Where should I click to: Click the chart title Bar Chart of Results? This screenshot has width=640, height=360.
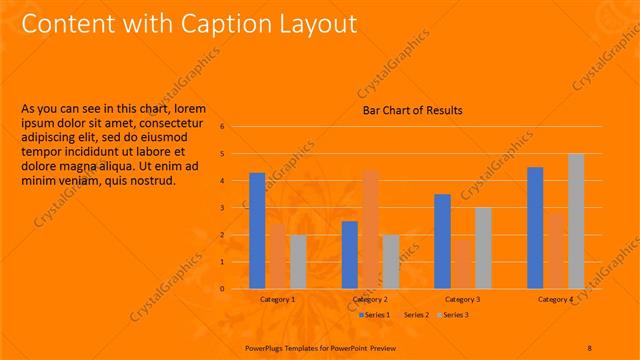coord(412,110)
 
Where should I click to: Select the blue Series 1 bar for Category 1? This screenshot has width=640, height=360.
coord(257,230)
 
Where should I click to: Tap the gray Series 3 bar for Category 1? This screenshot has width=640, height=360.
coord(298,261)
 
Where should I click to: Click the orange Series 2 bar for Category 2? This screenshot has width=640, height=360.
coord(370,229)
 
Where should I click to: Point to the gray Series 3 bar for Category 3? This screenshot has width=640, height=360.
coord(483,247)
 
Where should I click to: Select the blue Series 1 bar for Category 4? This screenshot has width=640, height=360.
coord(535,227)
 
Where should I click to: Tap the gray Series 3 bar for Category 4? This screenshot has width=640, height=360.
coord(576,220)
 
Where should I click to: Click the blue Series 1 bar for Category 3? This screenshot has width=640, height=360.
coord(442,241)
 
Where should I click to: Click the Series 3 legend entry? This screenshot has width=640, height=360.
coord(455,315)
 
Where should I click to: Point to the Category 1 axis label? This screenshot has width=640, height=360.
coord(277,299)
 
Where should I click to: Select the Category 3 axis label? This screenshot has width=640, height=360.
coord(462,299)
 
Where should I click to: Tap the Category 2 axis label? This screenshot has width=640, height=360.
coord(370,299)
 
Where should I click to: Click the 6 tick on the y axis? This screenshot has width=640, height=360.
coord(237,127)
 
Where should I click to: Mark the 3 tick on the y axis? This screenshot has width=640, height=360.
coord(237,208)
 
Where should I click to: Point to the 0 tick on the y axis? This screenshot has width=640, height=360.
coord(237,289)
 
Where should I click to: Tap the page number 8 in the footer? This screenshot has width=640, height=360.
coord(590,347)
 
